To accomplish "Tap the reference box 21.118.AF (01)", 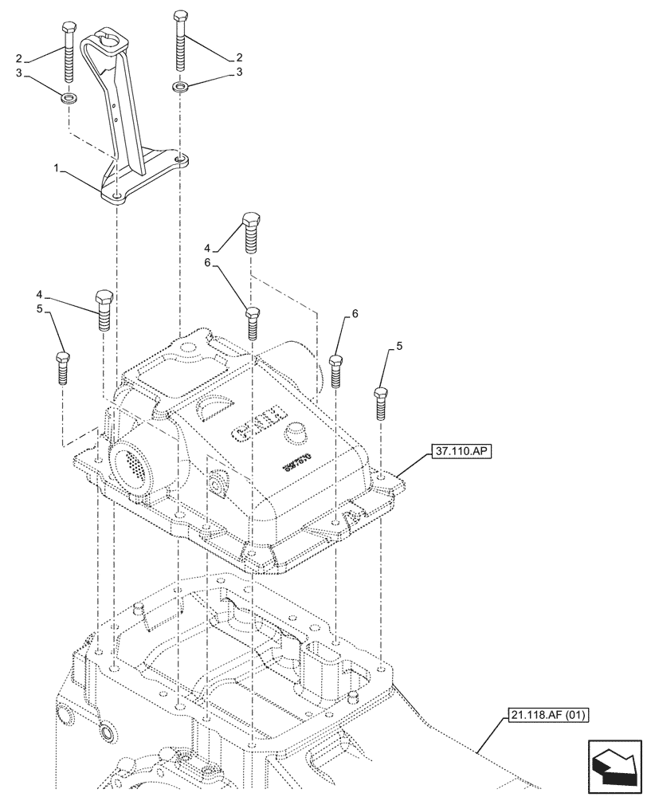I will point(546,714).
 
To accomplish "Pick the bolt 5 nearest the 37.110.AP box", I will point(382,402).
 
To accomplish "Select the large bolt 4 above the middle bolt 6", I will point(250,232).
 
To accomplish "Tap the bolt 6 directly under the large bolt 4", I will point(252,322).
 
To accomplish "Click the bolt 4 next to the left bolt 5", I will point(104,309).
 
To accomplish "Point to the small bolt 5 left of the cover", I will point(62,367).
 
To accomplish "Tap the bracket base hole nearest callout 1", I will point(117,194).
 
